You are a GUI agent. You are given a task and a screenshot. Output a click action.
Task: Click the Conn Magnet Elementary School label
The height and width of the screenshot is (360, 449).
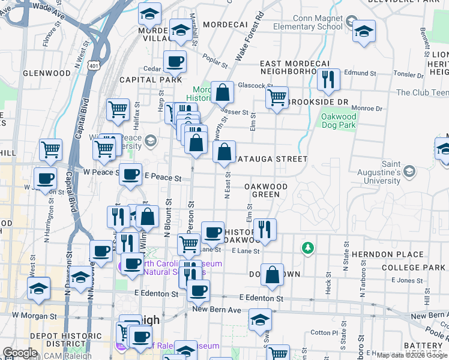(x=307, y=22)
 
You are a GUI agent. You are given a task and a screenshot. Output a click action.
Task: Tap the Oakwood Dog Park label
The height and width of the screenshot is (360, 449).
(x=339, y=121)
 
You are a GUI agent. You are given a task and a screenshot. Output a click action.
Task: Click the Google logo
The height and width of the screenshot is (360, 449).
(x=20, y=353)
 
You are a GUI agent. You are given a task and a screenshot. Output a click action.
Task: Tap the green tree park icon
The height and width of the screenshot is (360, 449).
(x=308, y=247)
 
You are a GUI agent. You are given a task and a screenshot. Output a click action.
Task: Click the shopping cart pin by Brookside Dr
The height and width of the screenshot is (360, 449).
(x=277, y=97)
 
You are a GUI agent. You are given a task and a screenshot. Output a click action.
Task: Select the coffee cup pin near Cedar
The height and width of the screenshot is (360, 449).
(x=175, y=61)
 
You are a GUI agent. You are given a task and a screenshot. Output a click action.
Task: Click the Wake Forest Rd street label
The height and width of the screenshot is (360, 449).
(x=250, y=37)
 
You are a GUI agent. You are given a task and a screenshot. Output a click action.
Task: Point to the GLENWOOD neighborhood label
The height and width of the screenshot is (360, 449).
(x=46, y=73)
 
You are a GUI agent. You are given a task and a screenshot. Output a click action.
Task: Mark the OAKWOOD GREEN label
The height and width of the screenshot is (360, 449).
(x=265, y=190)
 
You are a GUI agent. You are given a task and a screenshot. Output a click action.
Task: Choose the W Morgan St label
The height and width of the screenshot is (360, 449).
(x=34, y=314)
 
